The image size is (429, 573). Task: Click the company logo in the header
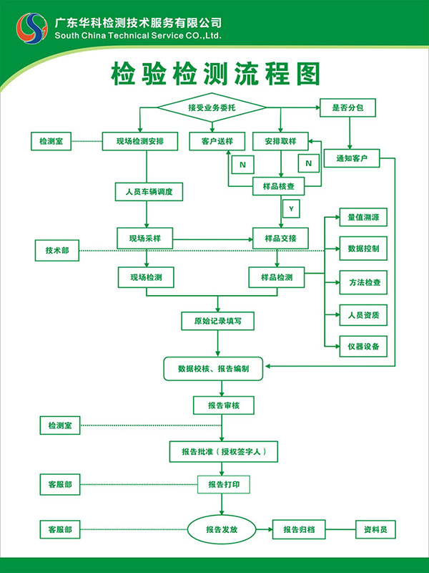[x=31, y=28]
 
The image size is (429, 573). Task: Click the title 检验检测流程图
[x=214, y=74]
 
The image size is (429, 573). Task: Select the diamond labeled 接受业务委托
[x=212, y=107]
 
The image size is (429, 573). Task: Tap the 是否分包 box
[x=347, y=107]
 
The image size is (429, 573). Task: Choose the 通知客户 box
[x=352, y=158]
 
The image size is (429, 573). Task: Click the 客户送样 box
[x=212, y=141]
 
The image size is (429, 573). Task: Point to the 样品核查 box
[x=279, y=187]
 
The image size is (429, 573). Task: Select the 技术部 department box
[x=57, y=250]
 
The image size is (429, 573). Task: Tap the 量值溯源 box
[x=363, y=217]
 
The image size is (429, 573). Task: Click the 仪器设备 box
[x=363, y=347]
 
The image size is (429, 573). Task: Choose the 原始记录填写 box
[x=217, y=321]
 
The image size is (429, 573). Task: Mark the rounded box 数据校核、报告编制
[x=214, y=368]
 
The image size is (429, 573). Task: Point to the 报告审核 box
[x=223, y=405]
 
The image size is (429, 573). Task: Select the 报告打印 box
[x=224, y=485]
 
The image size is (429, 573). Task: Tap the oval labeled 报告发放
[x=221, y=530]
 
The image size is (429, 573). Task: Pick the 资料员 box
[x=375, y=530]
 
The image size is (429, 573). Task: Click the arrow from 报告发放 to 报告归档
[x=264, y=530]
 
